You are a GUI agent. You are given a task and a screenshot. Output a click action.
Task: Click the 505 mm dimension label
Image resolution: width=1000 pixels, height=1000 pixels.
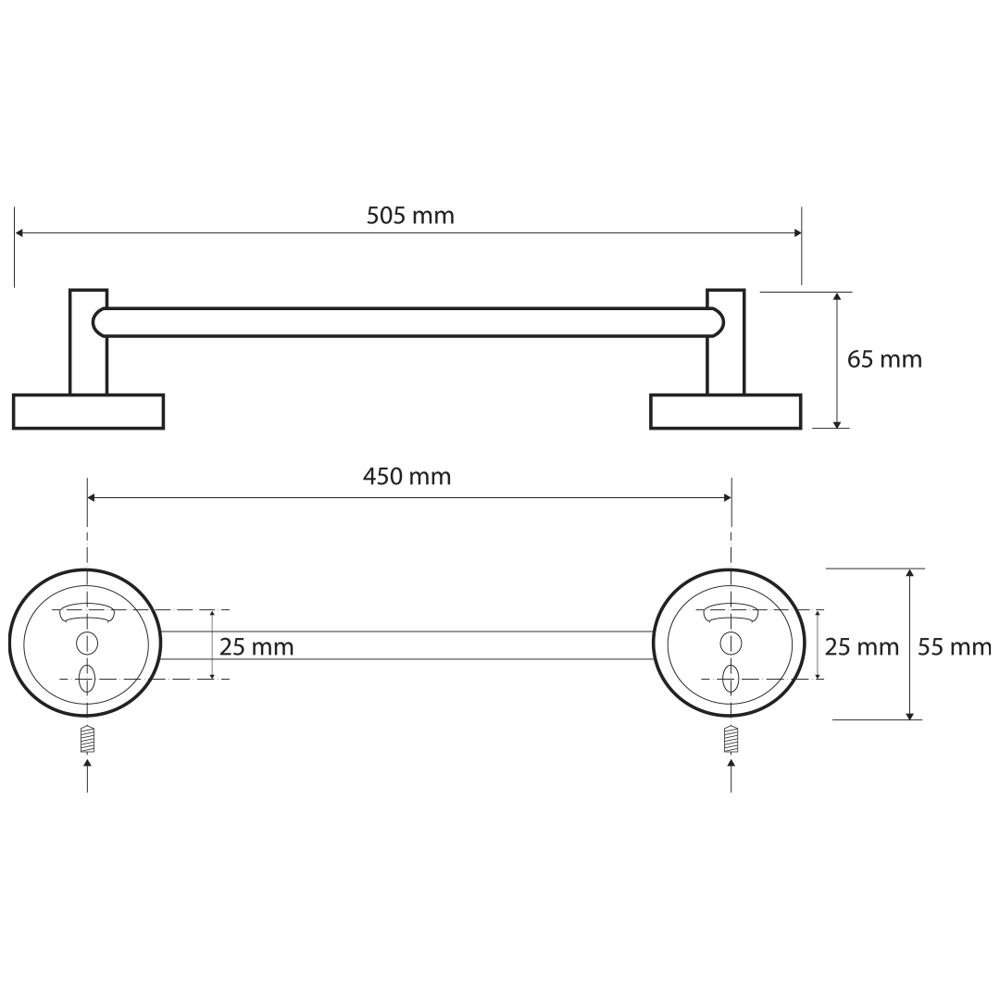(x=410, y=216)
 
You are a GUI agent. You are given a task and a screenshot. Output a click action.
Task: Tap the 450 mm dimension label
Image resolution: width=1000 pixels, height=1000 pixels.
(x=406, y=477)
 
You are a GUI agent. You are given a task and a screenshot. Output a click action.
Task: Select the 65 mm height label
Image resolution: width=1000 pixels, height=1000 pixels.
(x=884, y=359)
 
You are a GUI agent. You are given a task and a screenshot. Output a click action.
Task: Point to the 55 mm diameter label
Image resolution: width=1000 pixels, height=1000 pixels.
(x=955, y=648)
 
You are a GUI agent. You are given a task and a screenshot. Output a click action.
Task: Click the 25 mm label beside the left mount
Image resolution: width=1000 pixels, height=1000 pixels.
(x=256, y=647)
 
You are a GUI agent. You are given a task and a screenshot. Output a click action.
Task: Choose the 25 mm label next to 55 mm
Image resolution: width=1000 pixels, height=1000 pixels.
(x=862, y=647)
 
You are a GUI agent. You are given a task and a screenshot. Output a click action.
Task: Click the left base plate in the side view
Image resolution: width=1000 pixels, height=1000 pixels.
(x=88, y=411)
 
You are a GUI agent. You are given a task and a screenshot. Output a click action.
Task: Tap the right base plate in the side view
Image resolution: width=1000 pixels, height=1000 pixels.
(x=726, y=411)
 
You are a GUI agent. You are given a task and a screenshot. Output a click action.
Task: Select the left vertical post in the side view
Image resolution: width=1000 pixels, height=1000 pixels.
(x=88, y=342)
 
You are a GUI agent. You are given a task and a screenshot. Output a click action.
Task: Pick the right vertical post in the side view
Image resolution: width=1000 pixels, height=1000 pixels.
(x=726, y=342)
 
